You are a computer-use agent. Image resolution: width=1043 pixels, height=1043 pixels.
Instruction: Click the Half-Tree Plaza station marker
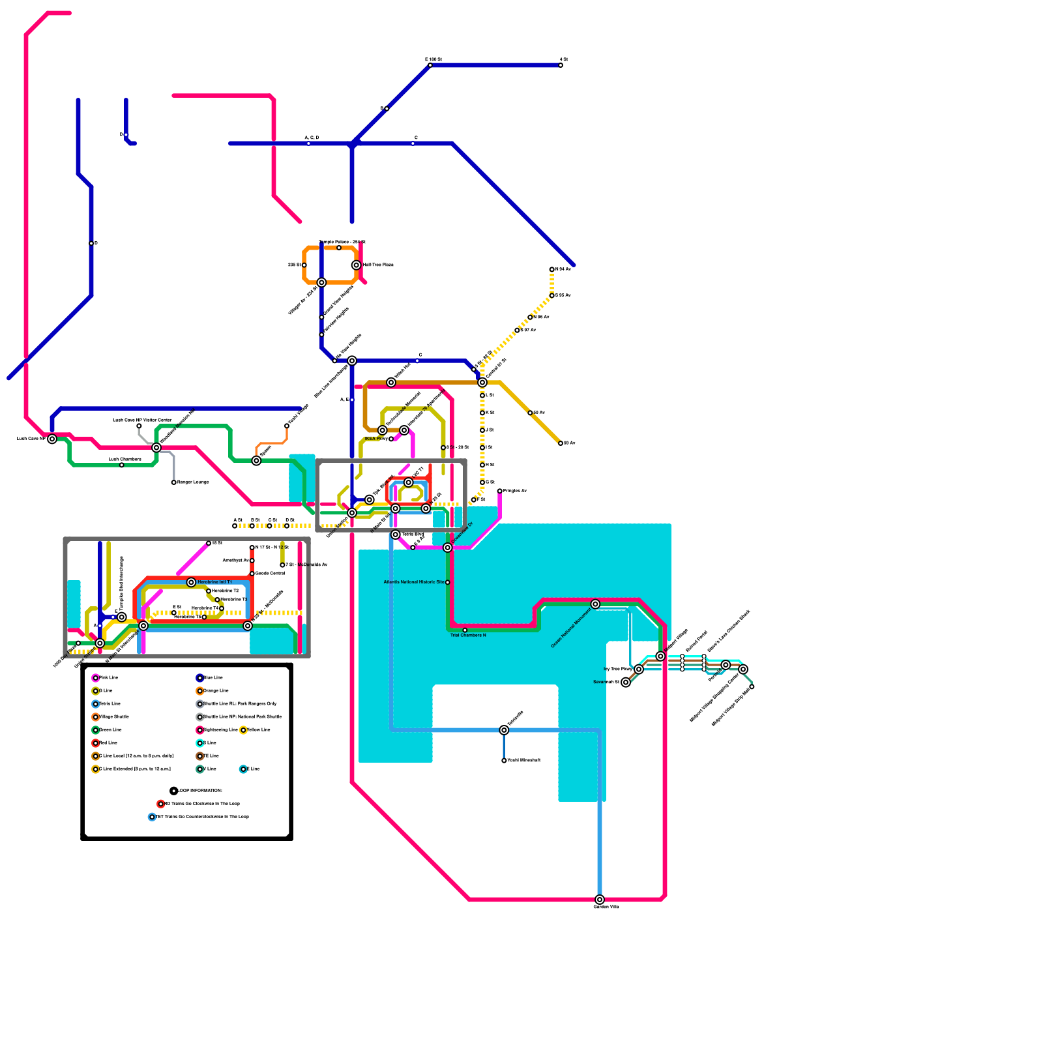point(356,265)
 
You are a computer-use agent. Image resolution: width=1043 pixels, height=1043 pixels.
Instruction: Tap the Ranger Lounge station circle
point(174,482)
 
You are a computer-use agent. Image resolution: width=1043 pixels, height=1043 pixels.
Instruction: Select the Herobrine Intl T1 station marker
point(191,582)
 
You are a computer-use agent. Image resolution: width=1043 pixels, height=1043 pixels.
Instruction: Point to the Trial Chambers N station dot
point(465,630)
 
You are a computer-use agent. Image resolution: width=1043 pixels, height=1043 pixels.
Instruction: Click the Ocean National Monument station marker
point(595,604)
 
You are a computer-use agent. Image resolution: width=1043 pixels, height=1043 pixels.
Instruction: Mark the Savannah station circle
point(626,683)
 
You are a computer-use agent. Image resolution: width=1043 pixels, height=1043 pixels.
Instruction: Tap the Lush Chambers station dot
point(122,465)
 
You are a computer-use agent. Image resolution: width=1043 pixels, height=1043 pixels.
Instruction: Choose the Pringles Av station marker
point(500,491)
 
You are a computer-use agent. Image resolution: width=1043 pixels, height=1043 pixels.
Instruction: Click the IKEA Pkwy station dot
point(391,439)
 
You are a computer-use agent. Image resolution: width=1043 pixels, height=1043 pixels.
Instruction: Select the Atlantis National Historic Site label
point(414,582)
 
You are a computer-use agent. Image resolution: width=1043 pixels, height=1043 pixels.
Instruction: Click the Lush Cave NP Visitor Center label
point(142,420)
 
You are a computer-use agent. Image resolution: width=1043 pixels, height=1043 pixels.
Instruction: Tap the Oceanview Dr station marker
point(447,548)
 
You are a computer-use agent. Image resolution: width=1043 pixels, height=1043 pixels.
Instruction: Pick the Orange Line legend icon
point(199,691)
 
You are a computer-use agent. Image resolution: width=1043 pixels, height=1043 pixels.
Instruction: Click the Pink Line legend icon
point(95,678)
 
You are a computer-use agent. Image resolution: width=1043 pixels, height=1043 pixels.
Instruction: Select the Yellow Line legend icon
point(243,730)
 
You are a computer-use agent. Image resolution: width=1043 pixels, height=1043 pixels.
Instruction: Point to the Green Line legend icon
point(95,730)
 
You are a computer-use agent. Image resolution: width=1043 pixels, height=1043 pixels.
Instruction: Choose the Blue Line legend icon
point(199,678)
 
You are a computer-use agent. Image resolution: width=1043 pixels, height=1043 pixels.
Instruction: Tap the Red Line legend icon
point(95,743)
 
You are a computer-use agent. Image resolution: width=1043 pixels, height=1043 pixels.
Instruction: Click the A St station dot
point(235,526)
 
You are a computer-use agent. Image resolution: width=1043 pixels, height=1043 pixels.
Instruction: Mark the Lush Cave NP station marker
point(52,439)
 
